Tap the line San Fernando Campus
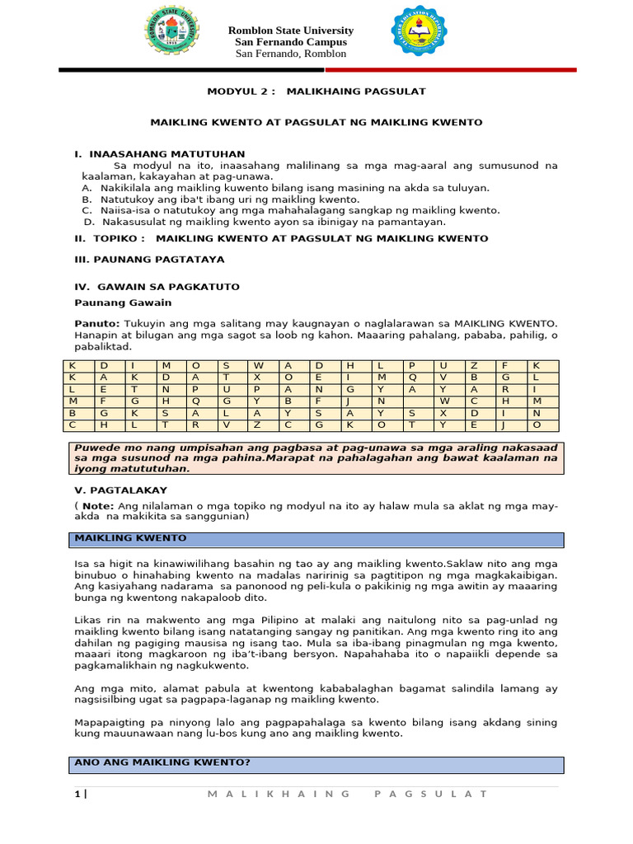pyautogui.click(x=290, y=42)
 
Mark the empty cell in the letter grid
pyautogui.click(x=411, y=401)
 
